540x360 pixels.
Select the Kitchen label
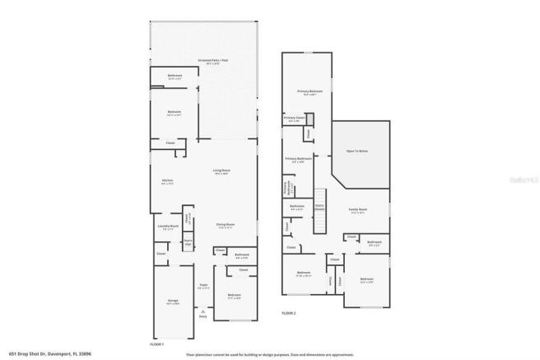click(167, 180)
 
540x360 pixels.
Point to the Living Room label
click(221, 171)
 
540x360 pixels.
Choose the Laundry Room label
click(166, 226)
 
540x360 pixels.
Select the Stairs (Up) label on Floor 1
click(188, 241)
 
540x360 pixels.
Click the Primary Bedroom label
click(310, 91)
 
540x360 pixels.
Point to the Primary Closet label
click(294, 119)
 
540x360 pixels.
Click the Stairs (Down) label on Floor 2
click(319, 208)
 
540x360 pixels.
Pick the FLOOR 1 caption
click(157, 343)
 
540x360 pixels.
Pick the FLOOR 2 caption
click(289, 314)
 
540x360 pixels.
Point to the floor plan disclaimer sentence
click(269, 353)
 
